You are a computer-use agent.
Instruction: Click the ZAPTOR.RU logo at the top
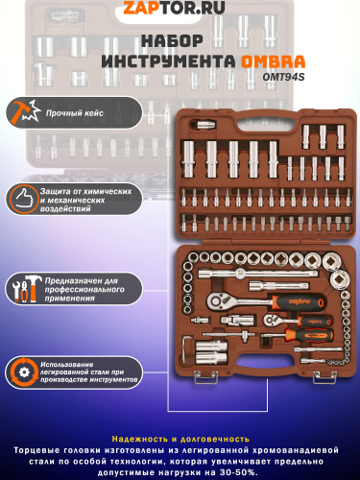[174, 8]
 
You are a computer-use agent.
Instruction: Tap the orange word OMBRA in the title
[273, 61]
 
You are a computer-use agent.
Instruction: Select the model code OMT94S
[283, 77]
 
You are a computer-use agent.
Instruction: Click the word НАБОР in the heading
[172, 41]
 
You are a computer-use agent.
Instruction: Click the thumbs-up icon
[23, 199]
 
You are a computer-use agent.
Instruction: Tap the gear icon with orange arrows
[24, 372]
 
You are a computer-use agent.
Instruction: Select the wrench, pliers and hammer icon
[26, 289]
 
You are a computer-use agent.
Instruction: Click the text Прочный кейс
[74, 113]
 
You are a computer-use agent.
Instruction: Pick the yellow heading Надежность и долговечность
[180, 439]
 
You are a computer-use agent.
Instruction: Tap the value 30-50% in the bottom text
[238, 472]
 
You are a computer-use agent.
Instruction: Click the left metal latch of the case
[206, 376]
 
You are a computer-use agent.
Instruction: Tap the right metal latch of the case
[324, 376]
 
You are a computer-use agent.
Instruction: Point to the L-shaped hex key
[185, 348]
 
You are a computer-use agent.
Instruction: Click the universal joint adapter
[237, 320]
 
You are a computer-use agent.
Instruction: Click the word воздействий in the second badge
[65, 209]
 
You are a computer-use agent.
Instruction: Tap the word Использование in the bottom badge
[67, 364]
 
